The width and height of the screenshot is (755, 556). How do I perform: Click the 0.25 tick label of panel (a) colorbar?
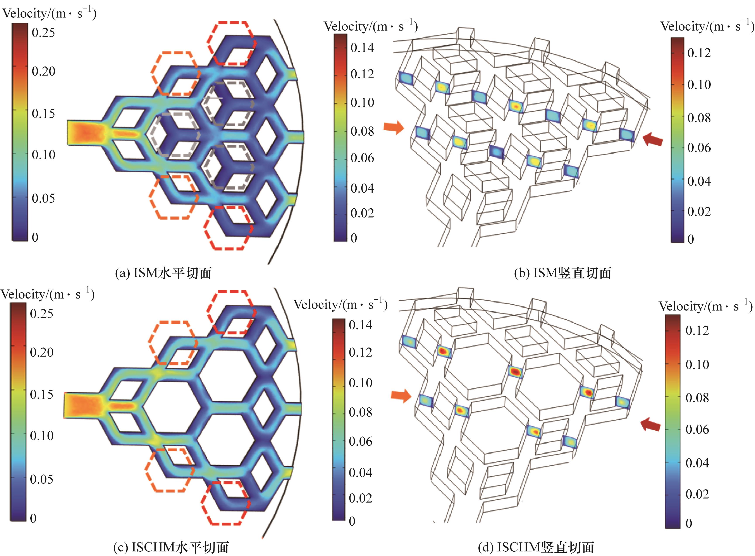point(43,33)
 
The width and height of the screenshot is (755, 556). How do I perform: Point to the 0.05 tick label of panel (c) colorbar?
point(41,479)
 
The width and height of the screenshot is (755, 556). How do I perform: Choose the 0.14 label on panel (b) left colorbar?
point(362,48)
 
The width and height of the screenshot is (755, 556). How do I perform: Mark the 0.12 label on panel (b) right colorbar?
point(699,53)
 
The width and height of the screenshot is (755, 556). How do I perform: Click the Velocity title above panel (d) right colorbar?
point(705,306)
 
